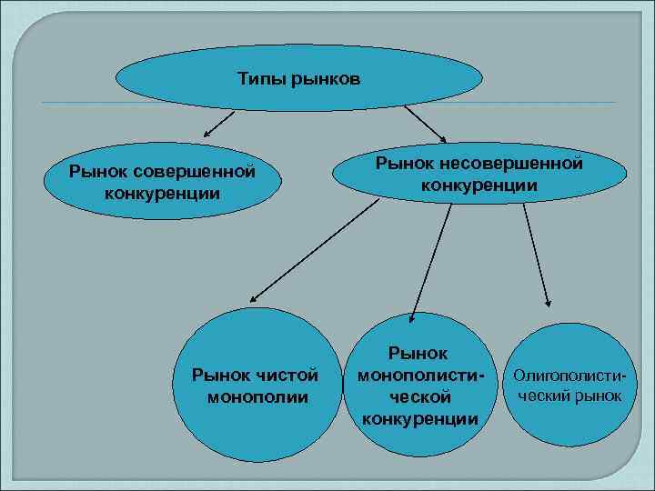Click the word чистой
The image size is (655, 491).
click(x=289, y=375)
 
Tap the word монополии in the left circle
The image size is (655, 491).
click(x=257, y=397)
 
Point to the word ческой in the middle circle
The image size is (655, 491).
click(x=420, y=396)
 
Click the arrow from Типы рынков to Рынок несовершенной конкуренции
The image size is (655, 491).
click(x=423, y=124)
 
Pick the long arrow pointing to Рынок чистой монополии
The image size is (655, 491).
click(x=314, y=251)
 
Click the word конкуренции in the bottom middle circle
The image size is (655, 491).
click(x=420, y=418)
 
